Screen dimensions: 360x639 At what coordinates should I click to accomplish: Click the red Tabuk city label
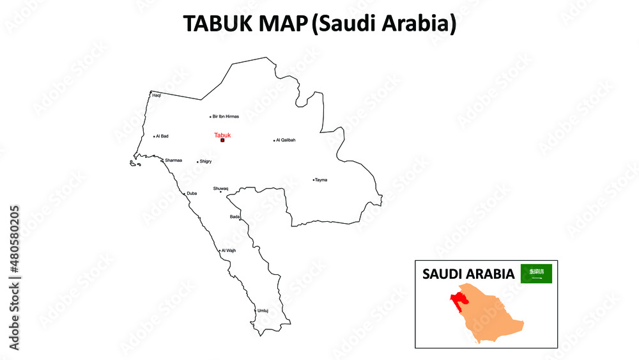tap(222, 135)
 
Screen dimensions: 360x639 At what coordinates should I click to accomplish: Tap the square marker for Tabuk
tap(222, 140)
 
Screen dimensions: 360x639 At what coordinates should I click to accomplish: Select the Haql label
tap(157, 95)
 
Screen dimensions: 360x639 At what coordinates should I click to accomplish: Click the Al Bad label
tap(162, 136)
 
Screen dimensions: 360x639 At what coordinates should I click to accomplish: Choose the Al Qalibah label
tap(286, 140)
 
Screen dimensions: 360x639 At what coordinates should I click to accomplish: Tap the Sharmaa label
tap(173, 160)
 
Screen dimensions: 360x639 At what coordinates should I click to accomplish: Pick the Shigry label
tap(206, 162)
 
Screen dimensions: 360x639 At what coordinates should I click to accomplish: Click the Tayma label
tap(321, 180)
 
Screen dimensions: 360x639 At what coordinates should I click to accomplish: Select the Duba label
tap(192, 193)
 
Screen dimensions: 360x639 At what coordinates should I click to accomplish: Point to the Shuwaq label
tap(220, 189)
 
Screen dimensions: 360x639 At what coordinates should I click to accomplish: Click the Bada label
tap(235, 217)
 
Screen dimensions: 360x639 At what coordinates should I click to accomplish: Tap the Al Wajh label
tap(229, 251)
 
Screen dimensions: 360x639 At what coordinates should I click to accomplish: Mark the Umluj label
tap(263, 311)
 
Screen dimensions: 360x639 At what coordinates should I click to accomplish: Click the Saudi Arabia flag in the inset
tap(536, 274)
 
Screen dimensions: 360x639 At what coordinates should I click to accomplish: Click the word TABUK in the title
tap(214, 24)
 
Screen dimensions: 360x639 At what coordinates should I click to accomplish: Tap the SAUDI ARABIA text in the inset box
tap(468, 274)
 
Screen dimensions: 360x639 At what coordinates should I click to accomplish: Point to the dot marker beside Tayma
tap(313, 180)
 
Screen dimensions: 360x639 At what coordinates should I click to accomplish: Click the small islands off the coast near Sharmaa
tap(135, 164)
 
